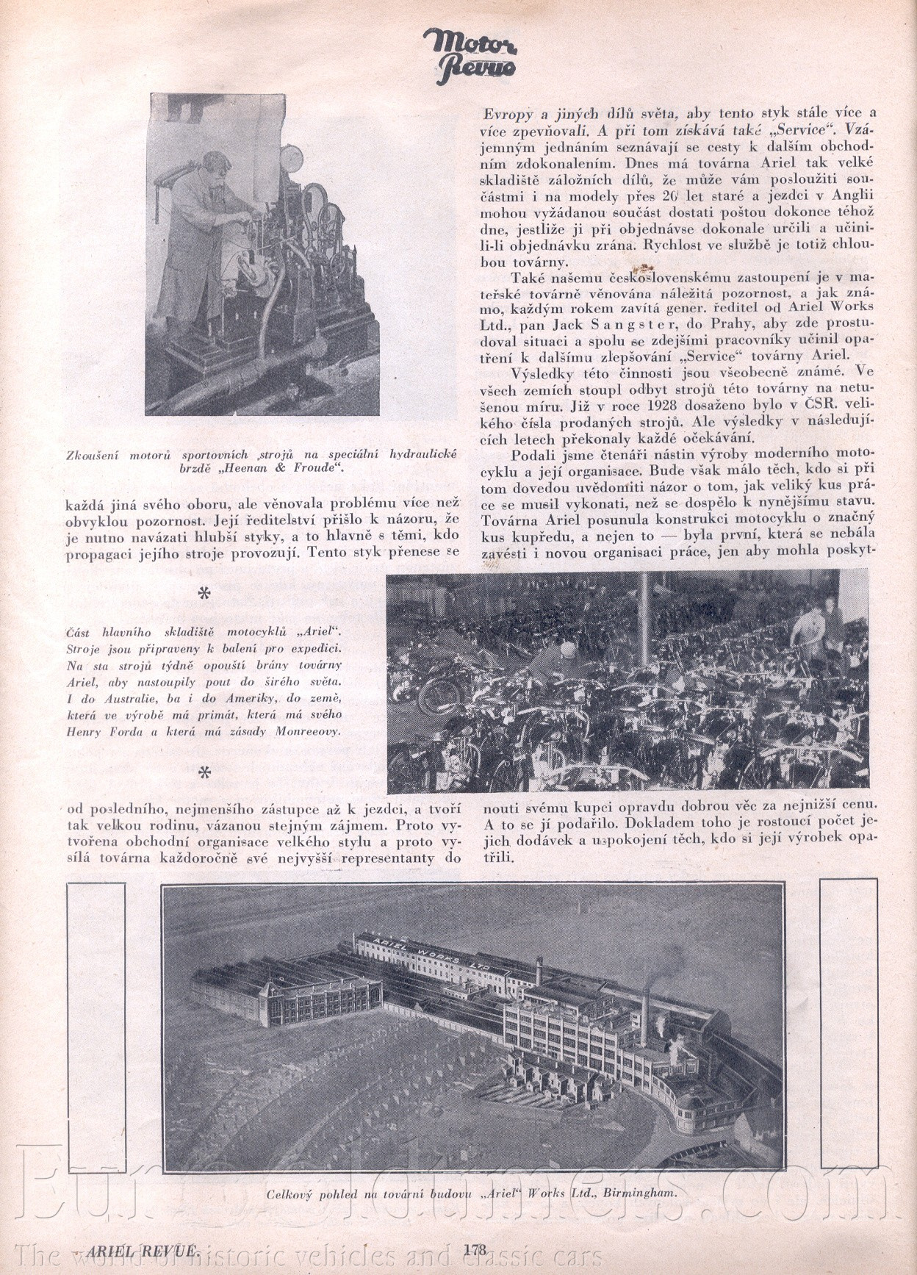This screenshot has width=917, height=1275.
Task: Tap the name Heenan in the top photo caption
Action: pos(275,466)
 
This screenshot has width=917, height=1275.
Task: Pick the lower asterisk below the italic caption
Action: pos(205,773)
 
